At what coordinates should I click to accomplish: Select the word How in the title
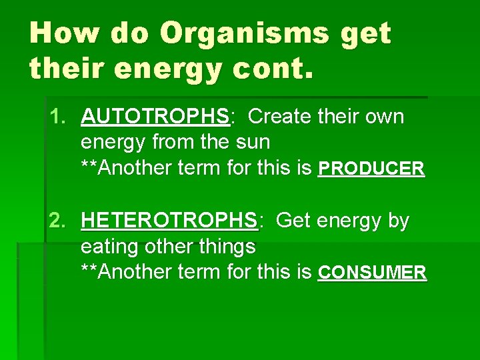63,33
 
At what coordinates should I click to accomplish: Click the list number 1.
58,117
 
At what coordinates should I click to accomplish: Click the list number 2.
58,220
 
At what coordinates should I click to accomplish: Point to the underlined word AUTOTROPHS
155,117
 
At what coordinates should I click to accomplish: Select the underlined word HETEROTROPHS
169,220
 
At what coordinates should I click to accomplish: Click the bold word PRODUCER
371,169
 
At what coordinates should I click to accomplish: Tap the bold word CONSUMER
373,273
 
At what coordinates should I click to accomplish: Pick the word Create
280,117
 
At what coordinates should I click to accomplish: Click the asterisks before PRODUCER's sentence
90,167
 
